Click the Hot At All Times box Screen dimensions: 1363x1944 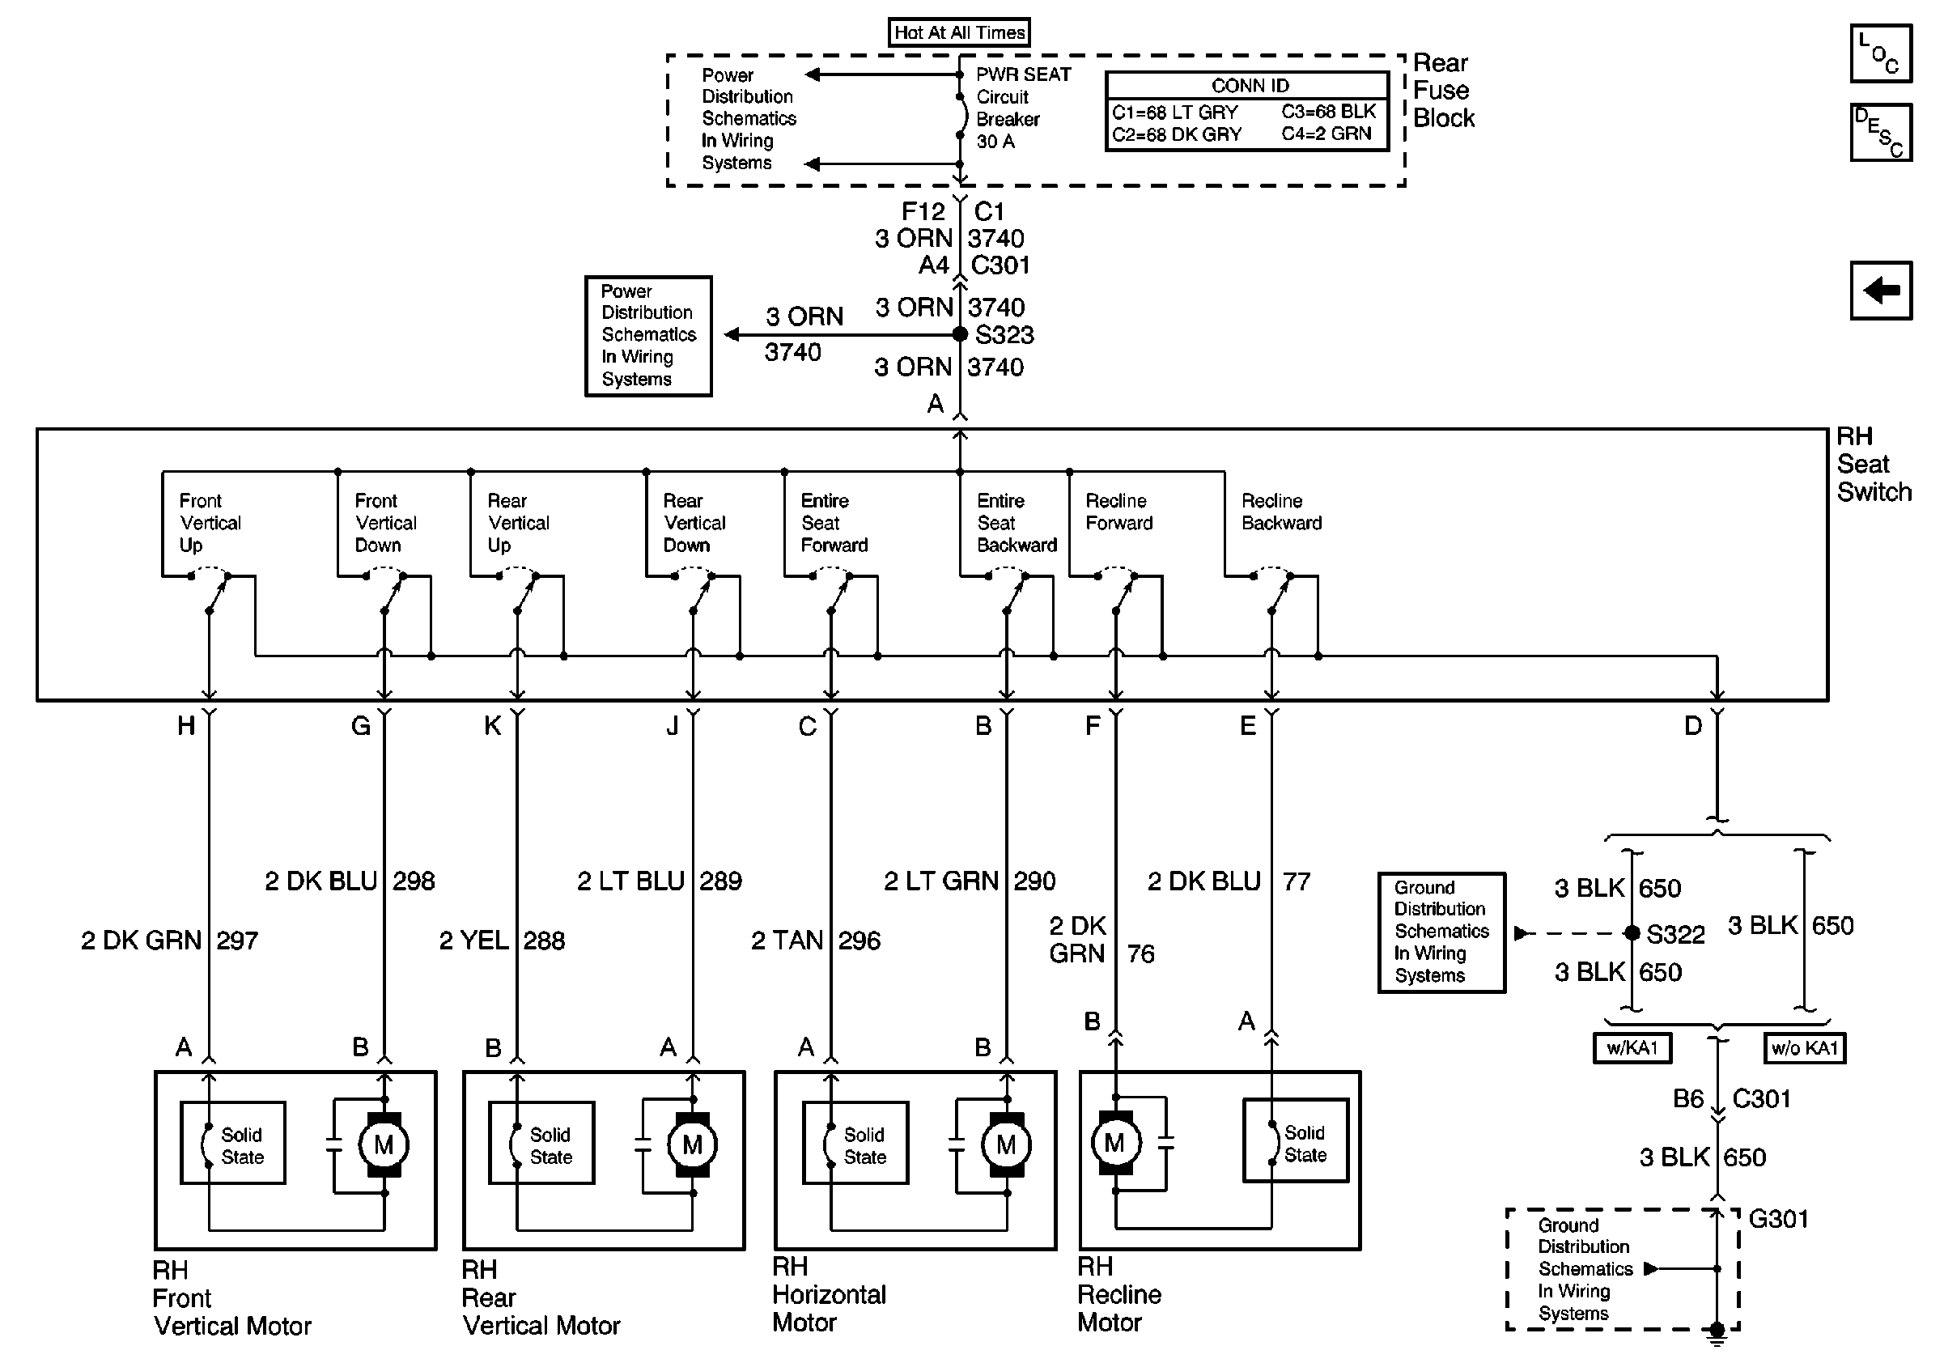(x=959, y=32)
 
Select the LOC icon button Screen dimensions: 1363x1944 (x=1881, y=54)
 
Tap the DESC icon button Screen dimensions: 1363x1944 (x=1881, y=132)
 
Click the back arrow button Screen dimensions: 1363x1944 (x=1881, y=291)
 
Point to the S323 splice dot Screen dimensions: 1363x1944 (x=959, y=334)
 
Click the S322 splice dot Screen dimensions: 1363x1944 (x=1632, y=933)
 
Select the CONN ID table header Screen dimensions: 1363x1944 (x=1249, y=86)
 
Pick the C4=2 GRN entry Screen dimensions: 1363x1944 (x=1326, y=134)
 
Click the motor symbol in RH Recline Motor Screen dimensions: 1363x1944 (x=1115, y=1143)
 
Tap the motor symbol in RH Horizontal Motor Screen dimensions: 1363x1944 (x=1006, y=1144)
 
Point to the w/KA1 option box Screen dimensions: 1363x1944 (x=1632, y=1048)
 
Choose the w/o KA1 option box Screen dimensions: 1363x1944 (x=1804, y=1048)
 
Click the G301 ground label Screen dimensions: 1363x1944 (x=1778, y=1219)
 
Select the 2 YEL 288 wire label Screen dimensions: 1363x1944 (x=501, y=941)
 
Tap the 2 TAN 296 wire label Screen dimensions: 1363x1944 (x=815, y=941)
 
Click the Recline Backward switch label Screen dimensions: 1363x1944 (x=1281, y=512)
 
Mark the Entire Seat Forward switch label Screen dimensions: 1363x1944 (x=834, y=523)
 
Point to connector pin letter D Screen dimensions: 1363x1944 (x=1692, y=725)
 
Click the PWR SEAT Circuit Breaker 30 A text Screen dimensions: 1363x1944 (x=1023, y=108)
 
